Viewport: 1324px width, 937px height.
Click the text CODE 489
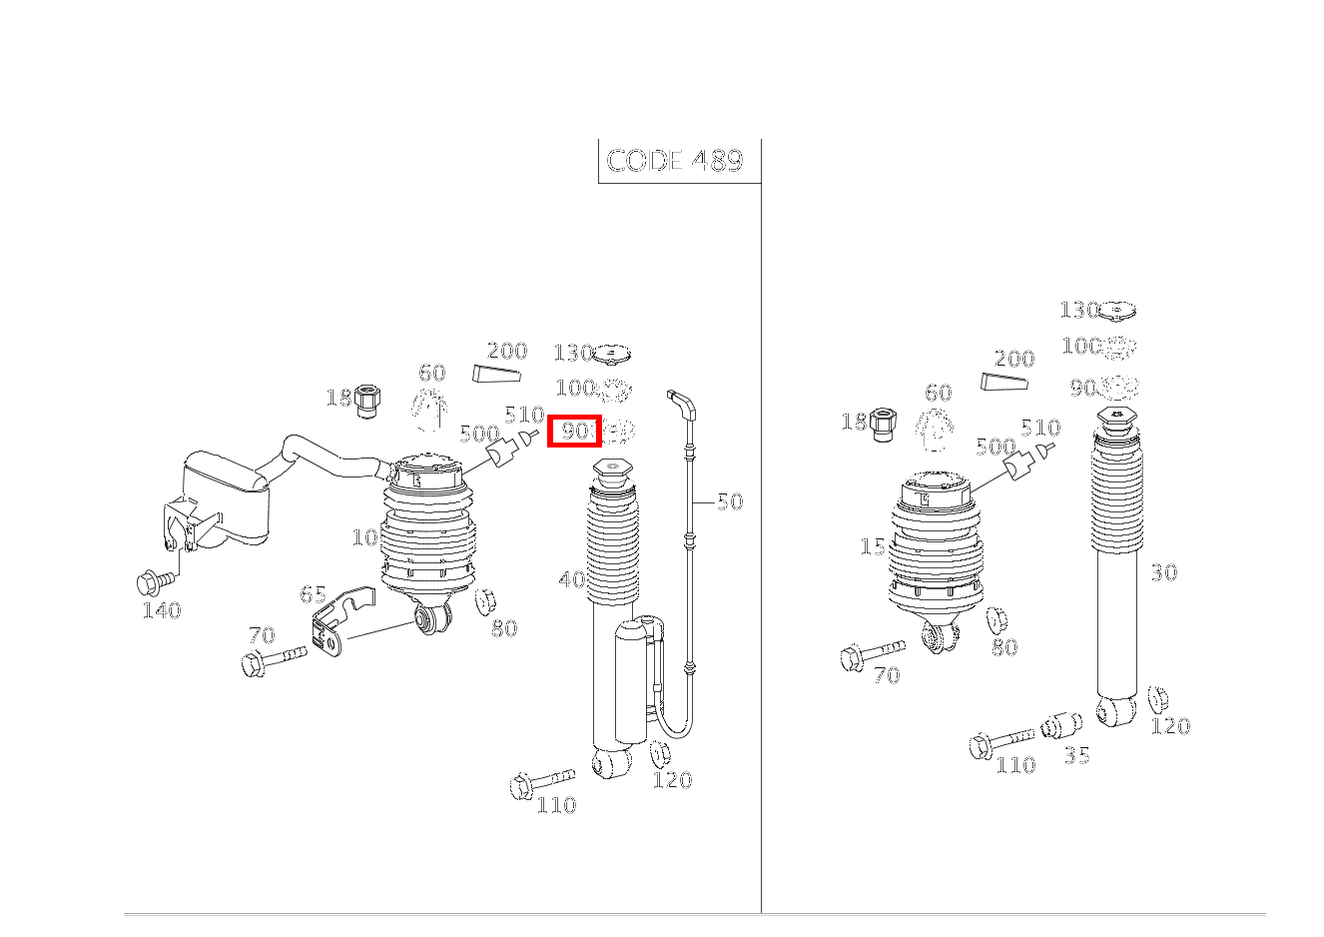675,161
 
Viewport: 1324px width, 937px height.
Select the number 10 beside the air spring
364,537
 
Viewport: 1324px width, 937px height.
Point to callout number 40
572,579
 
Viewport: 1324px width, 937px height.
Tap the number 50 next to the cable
730,501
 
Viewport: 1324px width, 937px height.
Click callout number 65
313,595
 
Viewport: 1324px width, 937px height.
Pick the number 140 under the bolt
161,610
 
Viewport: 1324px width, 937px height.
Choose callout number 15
872,547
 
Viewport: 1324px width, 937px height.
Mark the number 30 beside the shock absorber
1163,572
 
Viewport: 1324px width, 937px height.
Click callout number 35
1076,755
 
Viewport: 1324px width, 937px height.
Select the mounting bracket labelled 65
334,624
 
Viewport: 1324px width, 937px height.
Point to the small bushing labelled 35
1062,725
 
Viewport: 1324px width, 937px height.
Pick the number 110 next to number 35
1014,765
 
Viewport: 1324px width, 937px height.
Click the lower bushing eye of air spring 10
434,620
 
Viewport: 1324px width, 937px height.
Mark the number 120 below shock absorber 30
1170,726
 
